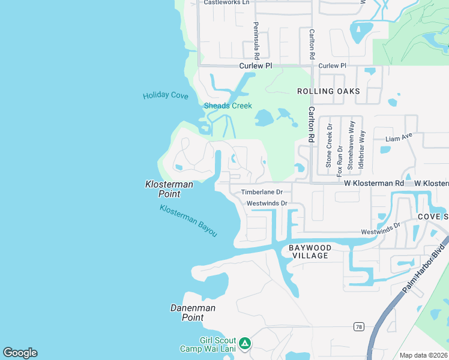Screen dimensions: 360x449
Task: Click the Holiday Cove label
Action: [x=166, y=96]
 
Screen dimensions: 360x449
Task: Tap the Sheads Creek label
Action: [x=228, y=106]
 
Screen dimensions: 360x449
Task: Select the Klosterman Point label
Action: [x=169, y=189]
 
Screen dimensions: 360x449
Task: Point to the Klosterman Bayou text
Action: [x=188, y=220]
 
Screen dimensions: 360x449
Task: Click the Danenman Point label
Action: [x=193, y=313]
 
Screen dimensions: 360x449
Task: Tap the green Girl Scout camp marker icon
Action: [x=244, y=343]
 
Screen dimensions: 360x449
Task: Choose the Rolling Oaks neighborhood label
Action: [x=329, y=91]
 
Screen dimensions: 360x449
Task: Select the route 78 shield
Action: [x=358, y=326]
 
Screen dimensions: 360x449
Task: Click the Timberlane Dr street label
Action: [x=265, y=192]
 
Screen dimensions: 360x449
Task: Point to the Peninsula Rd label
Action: [x=256, y=40]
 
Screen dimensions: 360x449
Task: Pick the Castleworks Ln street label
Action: [x=226, y=2]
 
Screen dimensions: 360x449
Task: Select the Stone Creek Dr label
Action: [x=329, y=146]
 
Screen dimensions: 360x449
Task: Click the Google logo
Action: [x=20, y=353]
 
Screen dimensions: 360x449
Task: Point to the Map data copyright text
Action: [x=424, y=355]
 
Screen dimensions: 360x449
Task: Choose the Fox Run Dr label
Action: [x=340, y=160]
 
